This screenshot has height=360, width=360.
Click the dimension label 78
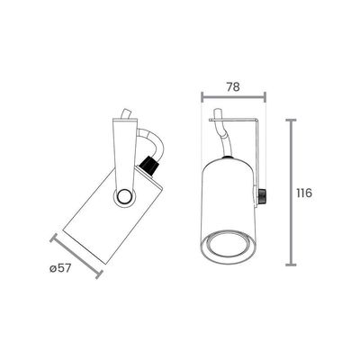point(233,87)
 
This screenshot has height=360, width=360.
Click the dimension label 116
point(304,193)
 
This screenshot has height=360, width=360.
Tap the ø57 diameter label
point(60,268)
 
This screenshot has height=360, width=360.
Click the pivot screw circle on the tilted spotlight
point(124,197)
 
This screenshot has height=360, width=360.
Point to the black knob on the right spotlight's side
point(262,196)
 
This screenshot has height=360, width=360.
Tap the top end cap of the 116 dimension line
point(291,120)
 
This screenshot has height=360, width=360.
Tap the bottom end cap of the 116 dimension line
point(291,265)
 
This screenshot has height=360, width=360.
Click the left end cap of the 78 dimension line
point(202,97)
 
